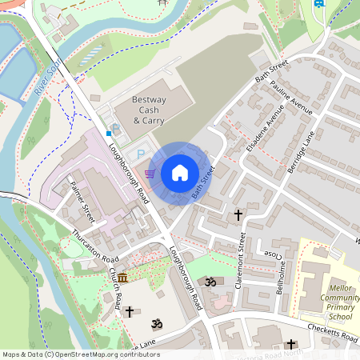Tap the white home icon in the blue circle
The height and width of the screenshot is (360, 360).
click(x=180, y=173)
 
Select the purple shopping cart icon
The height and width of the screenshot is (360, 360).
click(x=150, y=172)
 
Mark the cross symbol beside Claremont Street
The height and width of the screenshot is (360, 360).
click(x=238, y=215)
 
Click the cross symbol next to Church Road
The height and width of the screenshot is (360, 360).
click(x=130, y=311)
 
